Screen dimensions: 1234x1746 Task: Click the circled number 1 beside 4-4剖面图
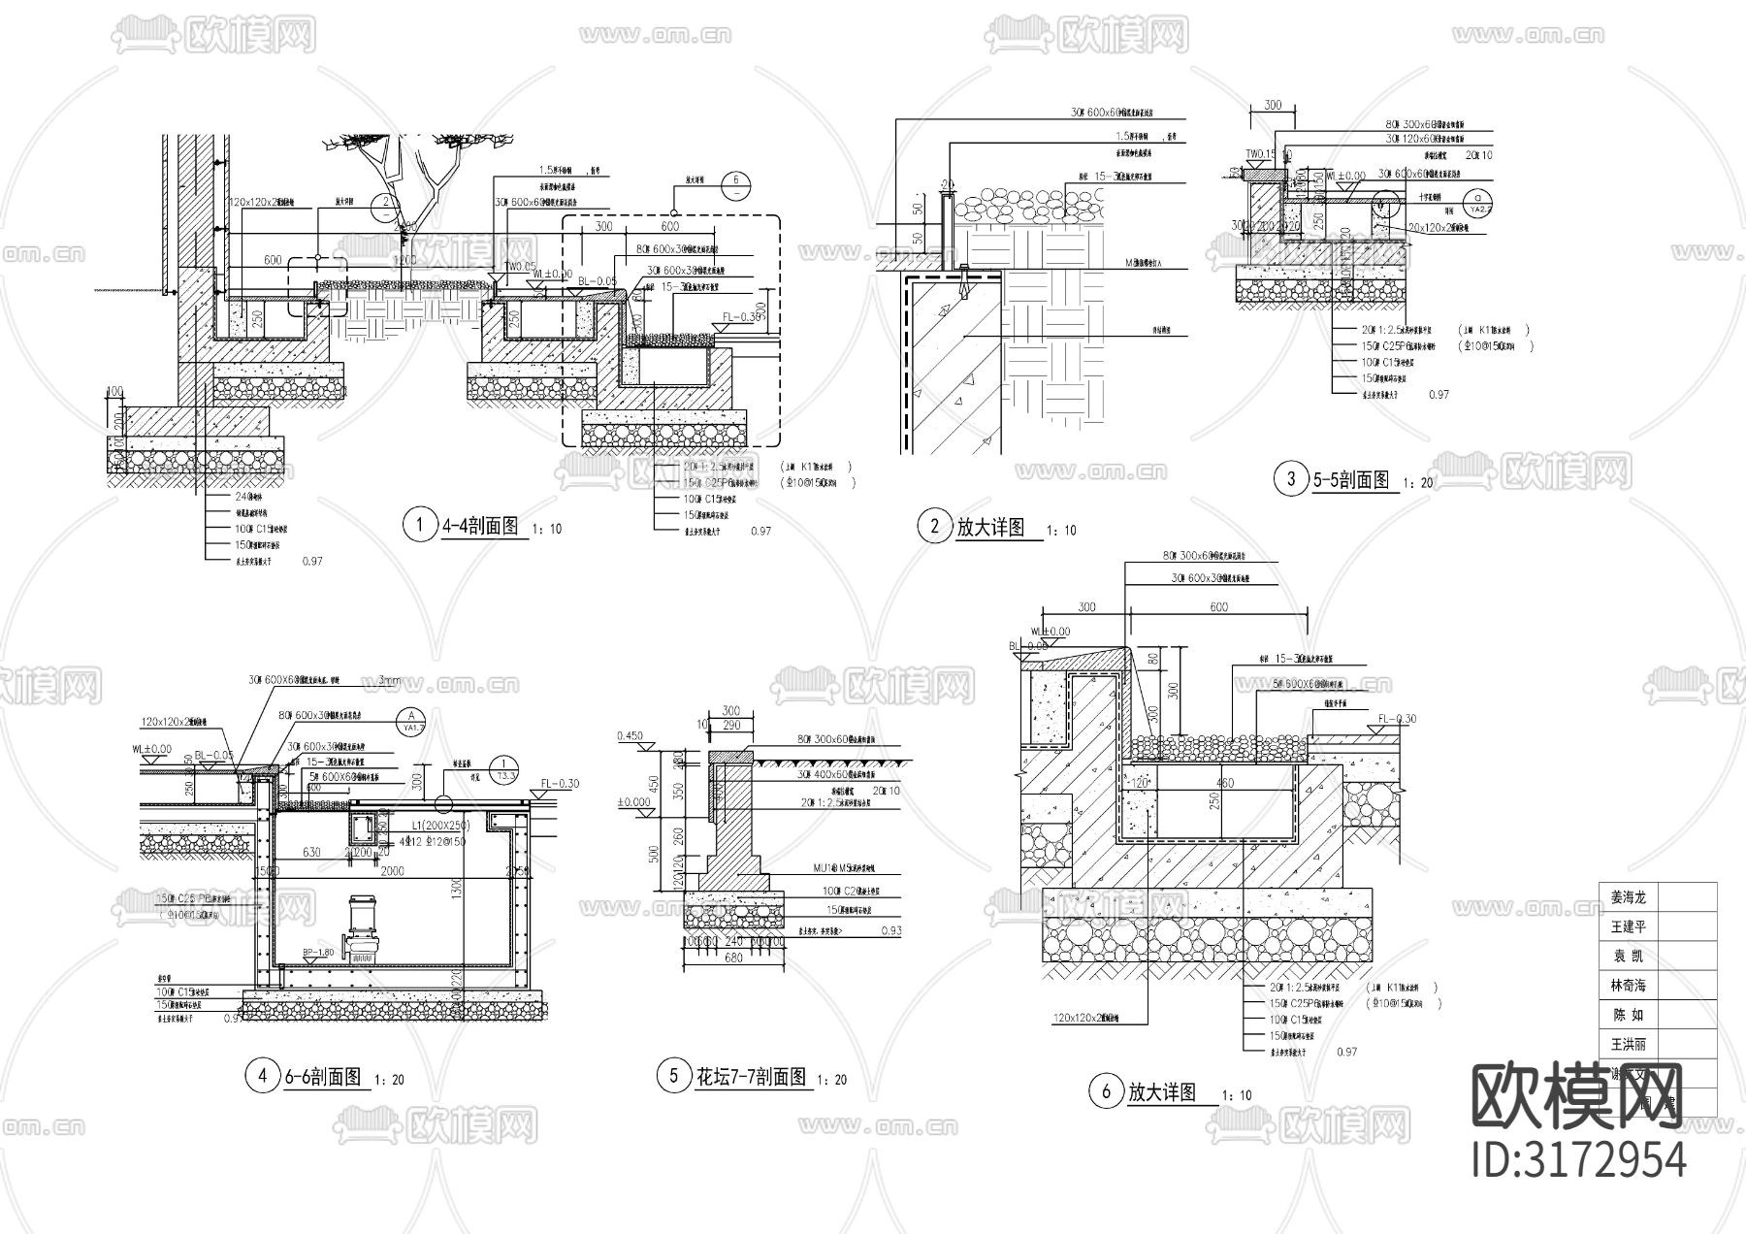click(x=420, y=526)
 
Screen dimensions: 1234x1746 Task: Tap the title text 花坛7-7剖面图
click(x=750, y=1077)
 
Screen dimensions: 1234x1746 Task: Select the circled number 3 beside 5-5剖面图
click(x=1290, y=478)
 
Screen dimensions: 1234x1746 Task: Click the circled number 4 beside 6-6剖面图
click(x=260, y=1077)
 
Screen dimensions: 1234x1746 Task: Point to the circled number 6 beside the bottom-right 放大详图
click(x=1106, y=1092)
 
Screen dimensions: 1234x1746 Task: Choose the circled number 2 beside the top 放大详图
click(x=934, y=527)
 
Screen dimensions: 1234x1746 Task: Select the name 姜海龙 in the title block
click(x=1629, y=897)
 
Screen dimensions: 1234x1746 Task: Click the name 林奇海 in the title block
click(x=1629, y=986)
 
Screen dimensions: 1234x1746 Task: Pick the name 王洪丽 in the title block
click(x=1629, y=1045)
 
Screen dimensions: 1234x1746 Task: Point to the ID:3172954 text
click(x=1578, y=1159)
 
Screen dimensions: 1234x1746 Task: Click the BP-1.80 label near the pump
click(x=318, y=953)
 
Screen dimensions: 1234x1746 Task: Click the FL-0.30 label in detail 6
click(x=1397, y=719)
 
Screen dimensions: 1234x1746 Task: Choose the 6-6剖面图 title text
click(x=322, y=1077)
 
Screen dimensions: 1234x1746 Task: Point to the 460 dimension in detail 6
click(x=1224, y=783)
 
